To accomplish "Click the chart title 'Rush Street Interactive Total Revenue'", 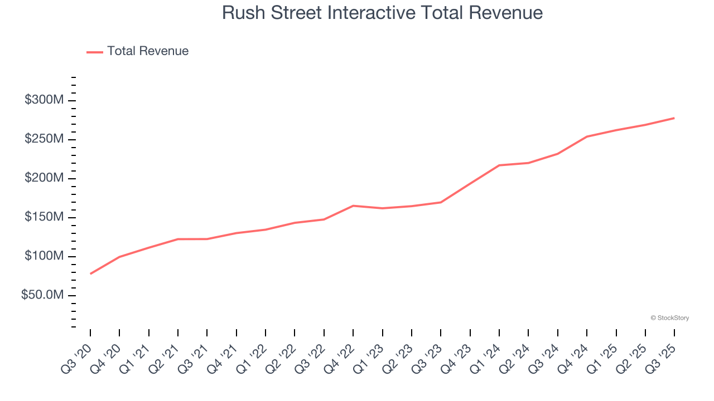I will (x=382, y=12).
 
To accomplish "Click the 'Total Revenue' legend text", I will (x=148, y=51).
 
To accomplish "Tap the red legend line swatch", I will (x=95, y=52).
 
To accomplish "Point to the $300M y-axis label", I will (x=44, y=100).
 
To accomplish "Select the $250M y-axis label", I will (x=44, y=139).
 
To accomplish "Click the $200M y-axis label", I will (x=44, y=178).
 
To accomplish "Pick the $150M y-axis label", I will (x=44, y=217).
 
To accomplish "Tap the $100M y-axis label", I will (x=44, y=256).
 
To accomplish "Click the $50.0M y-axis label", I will (x=42, y=295).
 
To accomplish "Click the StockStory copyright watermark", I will (x=669, y=318).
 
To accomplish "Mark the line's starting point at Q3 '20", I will (x=90, y=273).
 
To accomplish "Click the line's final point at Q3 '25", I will (x=674, y=118).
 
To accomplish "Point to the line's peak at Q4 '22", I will (x=353, y=206).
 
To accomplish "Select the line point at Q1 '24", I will (x=499, y=165).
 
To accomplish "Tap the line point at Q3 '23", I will (x=441, y=202).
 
